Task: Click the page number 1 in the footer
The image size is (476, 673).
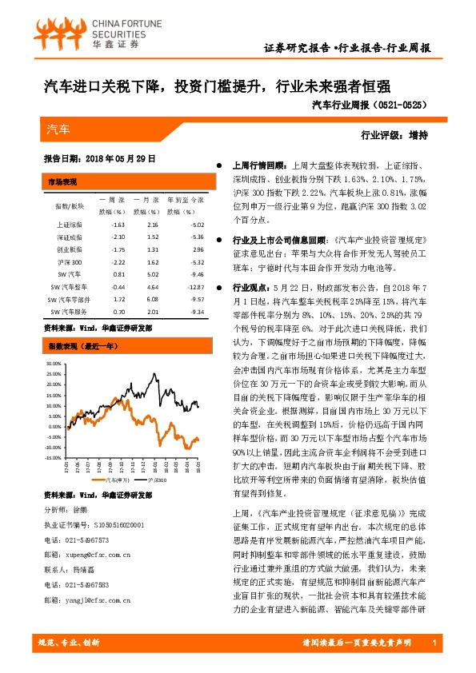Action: [x=433, y=643]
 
